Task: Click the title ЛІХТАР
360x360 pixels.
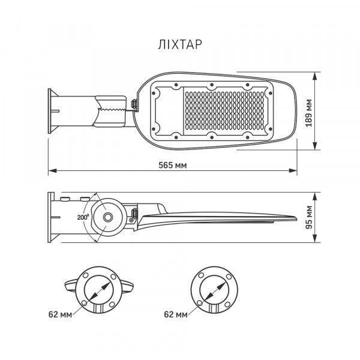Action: click(x=180, y=44)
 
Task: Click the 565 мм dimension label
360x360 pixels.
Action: click(x=173, y=165)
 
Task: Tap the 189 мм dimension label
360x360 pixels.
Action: click(x=309, y=113)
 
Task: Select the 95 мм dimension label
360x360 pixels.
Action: click(x=309, y=217)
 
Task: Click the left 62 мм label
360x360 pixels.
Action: click(x=60, y=314)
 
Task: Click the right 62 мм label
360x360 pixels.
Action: click(x=176, y=314)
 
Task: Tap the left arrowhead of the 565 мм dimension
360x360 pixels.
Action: click(x=52, y=170)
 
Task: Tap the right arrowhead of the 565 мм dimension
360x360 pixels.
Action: click(x=293, y=170)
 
